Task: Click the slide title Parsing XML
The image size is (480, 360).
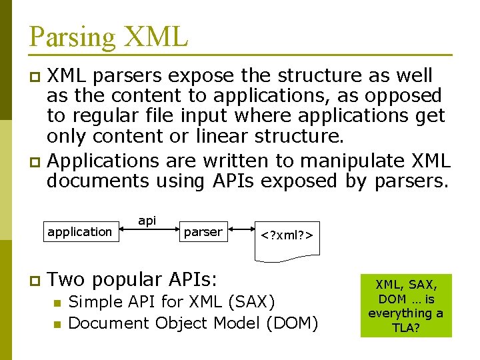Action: click(109, 37)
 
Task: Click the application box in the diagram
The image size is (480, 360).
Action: click(79, 232)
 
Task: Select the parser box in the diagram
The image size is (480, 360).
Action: click(203, 232)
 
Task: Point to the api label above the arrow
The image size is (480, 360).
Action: click(147, 220)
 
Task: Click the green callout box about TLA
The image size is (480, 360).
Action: click(405, 305)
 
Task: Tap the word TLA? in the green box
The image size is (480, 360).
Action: click(407, 327)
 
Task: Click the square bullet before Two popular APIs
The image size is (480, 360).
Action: click(34, 280)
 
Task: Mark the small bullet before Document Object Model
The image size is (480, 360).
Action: click(58, 325)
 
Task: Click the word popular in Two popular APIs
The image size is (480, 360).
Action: click(128, 279)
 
